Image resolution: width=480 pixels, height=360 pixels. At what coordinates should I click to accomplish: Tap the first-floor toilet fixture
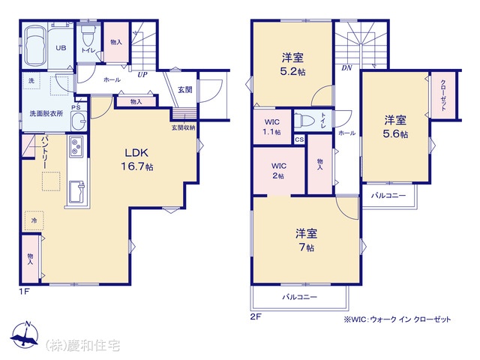[88, 35]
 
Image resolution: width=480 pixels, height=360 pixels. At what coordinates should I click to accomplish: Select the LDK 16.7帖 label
[136, 160]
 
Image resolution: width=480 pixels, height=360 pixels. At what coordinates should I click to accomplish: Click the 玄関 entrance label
[185, 90]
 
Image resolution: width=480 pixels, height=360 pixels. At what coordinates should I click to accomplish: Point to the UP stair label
[142, 74]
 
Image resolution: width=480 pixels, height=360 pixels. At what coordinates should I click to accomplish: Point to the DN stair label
[346, 68]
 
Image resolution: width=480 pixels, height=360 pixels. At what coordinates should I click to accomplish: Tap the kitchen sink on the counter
[76, 192]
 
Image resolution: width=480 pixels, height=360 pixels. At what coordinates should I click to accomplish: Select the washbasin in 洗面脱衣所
[79, 121]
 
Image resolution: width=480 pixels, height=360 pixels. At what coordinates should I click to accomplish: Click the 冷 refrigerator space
[34, 220]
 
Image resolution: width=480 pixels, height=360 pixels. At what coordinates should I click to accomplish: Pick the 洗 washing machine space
[31, 81]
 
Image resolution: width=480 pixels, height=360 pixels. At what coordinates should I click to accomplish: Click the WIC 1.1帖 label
[272, 127]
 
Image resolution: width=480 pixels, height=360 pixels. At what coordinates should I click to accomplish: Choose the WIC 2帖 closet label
[278, 171]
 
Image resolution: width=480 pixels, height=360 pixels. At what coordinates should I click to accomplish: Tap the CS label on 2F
[299, 139]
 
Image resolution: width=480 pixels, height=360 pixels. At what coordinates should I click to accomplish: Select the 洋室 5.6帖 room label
[395, 127]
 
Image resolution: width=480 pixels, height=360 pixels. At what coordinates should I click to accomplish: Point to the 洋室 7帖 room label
[306, 240]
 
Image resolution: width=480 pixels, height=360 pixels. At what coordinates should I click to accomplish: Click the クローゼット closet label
[443, 95]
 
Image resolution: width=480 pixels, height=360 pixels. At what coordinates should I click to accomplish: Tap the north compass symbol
[25, 335]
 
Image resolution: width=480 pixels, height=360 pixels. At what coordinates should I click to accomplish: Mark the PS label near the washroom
[76, 107]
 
